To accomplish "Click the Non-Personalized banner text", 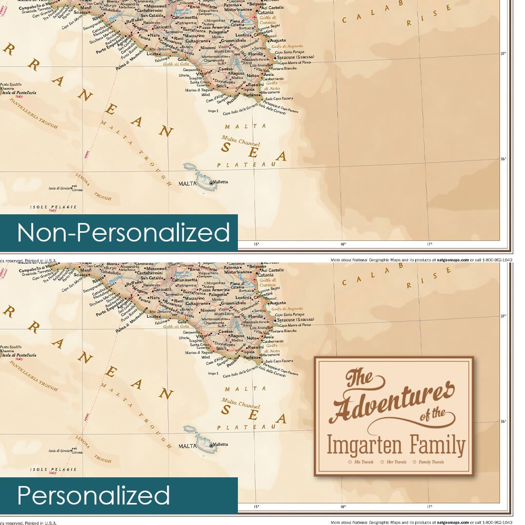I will pos(124,232).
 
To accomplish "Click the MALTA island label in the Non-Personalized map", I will pos(187,183).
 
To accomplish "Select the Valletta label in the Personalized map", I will pos(221,444).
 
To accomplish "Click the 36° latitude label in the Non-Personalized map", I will pos(503,159).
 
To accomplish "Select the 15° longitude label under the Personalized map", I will pos(256,507).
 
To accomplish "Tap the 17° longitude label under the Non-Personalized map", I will pos(430,244).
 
